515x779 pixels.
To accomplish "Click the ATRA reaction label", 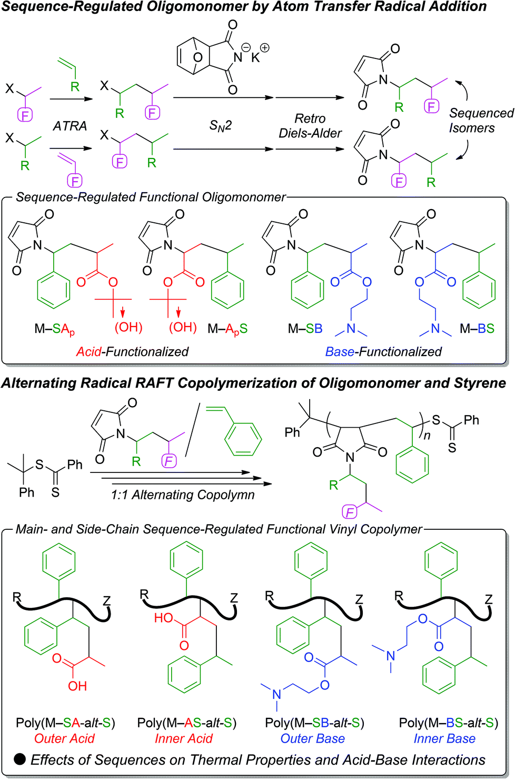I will [x=70, y=126].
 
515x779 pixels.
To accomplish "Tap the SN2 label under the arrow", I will [x=221, y=125].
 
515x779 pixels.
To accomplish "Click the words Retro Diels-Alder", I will [x=310, y=126].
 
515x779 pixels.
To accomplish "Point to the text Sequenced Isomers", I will [x=480, y=121].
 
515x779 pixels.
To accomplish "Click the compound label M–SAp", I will [x=54, y=329].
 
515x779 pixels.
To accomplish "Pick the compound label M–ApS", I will [x=227, y=329].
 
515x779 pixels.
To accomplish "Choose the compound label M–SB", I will [x=305, y=329].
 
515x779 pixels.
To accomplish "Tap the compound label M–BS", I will [x=477, y=329].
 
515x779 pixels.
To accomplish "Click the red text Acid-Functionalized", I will [x=132, y=351].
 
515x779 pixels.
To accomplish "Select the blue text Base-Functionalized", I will [x=383, y=351].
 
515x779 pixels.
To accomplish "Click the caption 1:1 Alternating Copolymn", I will [x=183, y=495].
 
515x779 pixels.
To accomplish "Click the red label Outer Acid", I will [x=64, y=738].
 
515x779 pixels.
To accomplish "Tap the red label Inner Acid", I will [x=183, y=738].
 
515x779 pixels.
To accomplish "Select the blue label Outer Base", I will [x=312, y=738].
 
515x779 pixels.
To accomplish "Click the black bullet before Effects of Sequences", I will [x=20, y=759].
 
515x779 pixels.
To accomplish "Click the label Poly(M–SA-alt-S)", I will [x=65, y=723].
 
